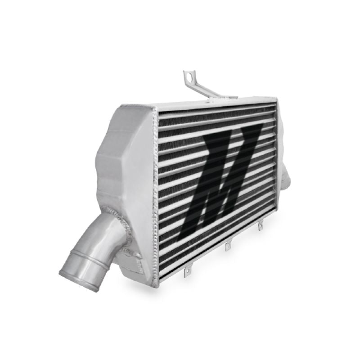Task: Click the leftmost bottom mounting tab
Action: (185, 271)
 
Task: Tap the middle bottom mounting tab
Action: (228, 247)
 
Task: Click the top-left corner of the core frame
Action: (155, 108)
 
